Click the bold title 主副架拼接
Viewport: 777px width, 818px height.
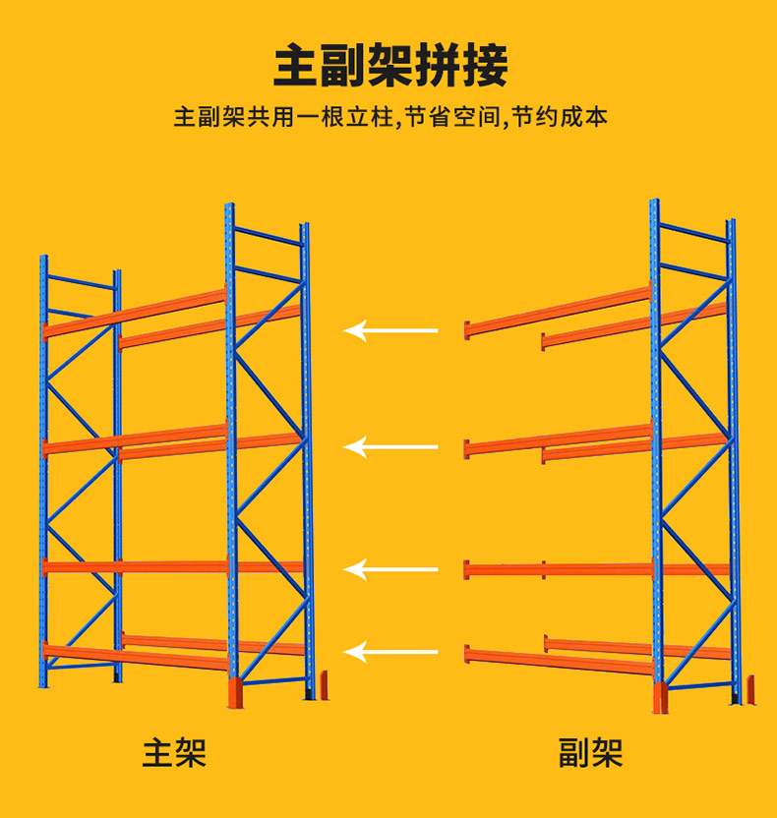click(390, 65)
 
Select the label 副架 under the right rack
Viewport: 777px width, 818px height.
click(590, 753)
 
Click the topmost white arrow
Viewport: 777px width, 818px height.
click(390, 330)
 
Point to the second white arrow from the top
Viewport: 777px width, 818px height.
click(390, 448)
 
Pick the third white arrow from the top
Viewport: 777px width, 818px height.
click(390, 569)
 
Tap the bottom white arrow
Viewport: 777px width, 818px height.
click(390, 650)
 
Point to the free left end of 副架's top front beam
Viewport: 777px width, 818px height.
click(468, 328)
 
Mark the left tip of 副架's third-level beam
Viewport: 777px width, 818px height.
click(468, 568)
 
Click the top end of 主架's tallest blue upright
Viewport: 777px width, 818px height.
click(229, 207)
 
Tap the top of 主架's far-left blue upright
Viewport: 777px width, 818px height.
click(43, 260)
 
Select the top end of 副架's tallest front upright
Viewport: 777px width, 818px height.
click(654, 204)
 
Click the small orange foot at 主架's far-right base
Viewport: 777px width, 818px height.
click(324, 684)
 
